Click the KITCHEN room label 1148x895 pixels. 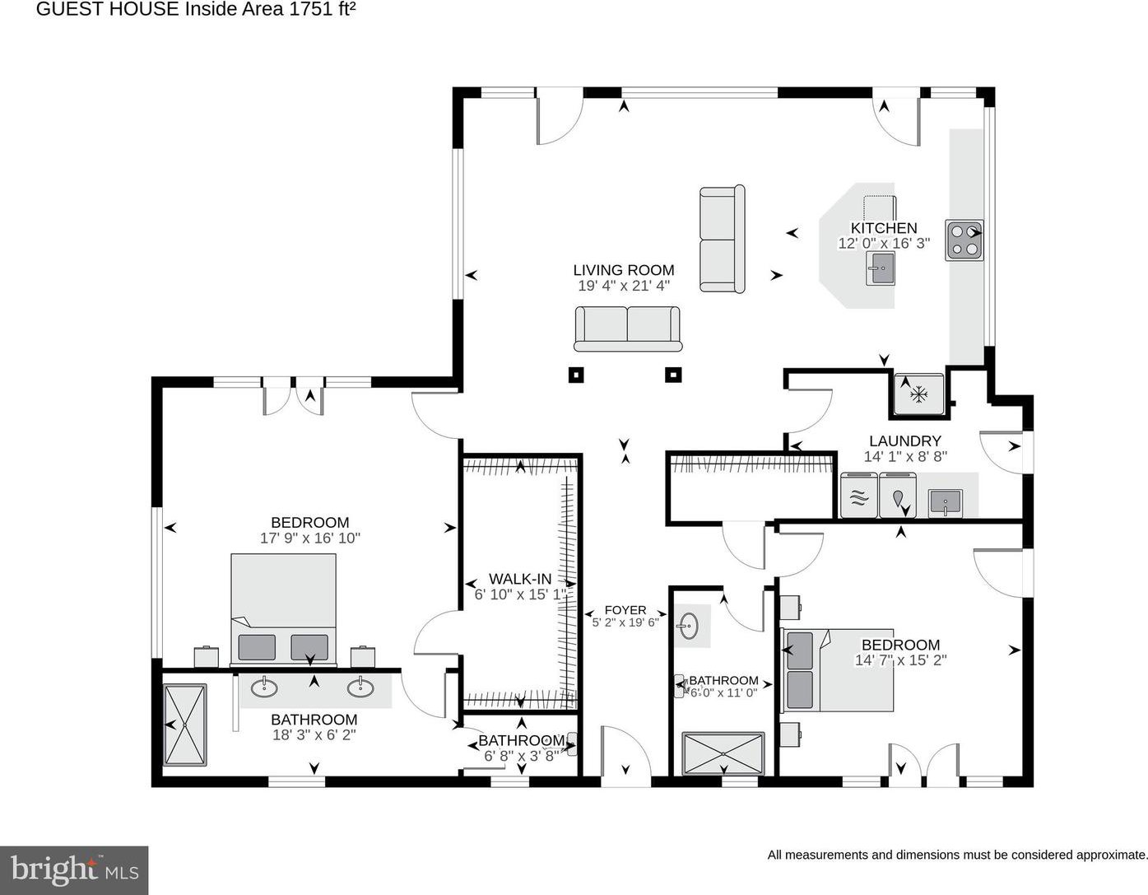(x=883, y=228)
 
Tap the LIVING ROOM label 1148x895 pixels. (x=624, y=270)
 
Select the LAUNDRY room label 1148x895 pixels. (x=905, y=441)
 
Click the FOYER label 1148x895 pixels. (x=625, y=609)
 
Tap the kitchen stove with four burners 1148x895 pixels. (x=964, y=240)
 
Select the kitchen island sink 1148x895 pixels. (x=881, y=268)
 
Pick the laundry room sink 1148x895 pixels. (x=945, y=502)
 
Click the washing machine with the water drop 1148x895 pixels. (x=899, y=495)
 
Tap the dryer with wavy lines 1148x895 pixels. (x=859, y=495)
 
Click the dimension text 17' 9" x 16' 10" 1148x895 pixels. (x=310, y=538)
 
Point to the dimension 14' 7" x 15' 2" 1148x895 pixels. (x=900, y=660)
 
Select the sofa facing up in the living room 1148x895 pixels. (x=628, y=329)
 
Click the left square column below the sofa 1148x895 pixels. (x=576, y=375)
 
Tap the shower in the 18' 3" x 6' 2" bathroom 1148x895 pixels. (x=184, y=725)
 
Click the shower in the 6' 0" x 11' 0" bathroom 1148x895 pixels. (x=723, y=753)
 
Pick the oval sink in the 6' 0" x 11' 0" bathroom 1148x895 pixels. (x=688, y=626)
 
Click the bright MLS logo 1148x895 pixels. (x=74, y=870)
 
